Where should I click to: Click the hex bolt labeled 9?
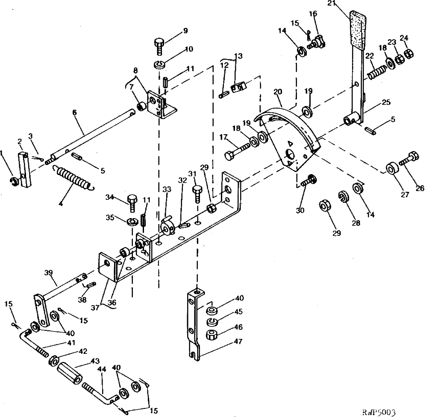pyautogui.click(x=159, y=46)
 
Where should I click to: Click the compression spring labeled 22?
pyautogui.click(x=375, y=68)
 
